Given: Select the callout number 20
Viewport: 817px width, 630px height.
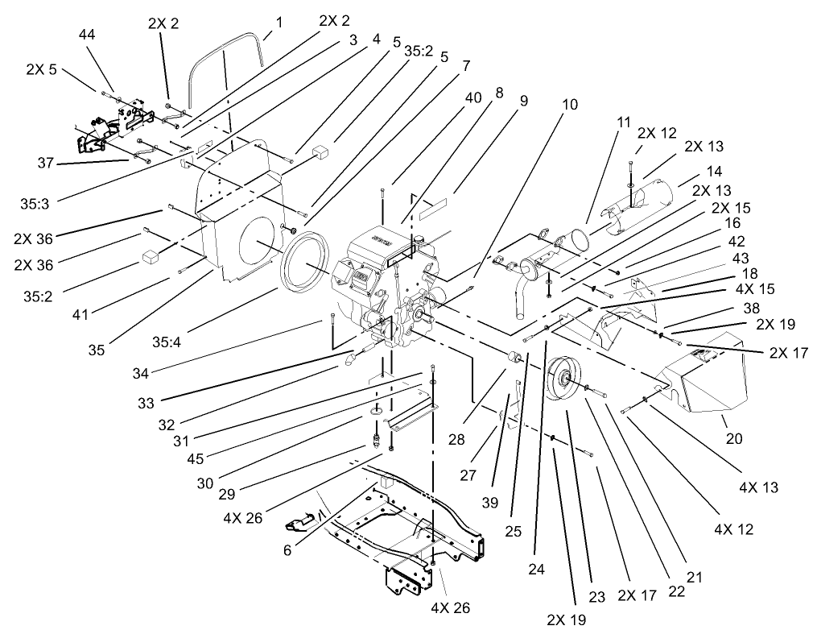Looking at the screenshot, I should point(733,439).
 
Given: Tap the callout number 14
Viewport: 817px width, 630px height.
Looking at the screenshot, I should point(713,172).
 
